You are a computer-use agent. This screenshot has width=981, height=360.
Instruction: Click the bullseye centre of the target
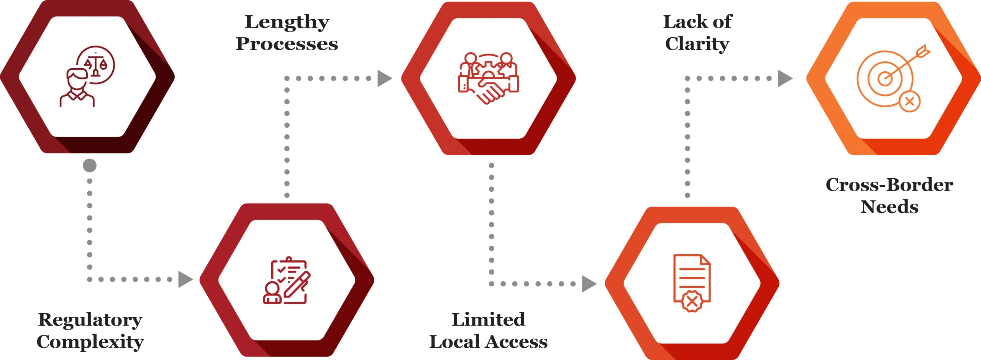[x=885, y=79]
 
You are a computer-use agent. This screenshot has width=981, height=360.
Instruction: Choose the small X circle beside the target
[x=909, y=102]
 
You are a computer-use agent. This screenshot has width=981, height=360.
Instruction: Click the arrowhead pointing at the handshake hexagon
[x=385, y=78]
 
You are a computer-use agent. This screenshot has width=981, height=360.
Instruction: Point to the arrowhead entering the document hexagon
[x=588, y=284]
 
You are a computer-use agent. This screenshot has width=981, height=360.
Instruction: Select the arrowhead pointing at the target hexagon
[x=784, y=78]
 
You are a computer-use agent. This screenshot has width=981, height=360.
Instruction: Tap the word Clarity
[x=697, y=44]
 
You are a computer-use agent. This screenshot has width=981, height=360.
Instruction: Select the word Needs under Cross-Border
[x=889, y=207]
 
